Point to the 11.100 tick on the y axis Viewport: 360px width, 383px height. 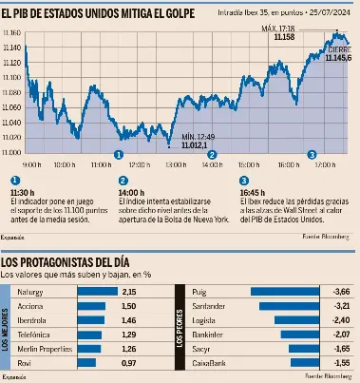coord(11,79)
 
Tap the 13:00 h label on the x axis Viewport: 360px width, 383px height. coord(172,163)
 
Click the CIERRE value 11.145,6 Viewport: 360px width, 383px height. coord(337,59)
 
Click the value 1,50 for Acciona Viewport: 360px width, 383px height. coord(130,307)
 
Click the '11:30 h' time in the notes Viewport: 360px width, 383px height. coord(22,191)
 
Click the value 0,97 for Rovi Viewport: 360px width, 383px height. coord(130,363)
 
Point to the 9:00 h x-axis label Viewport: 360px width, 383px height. coord(30,163)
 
